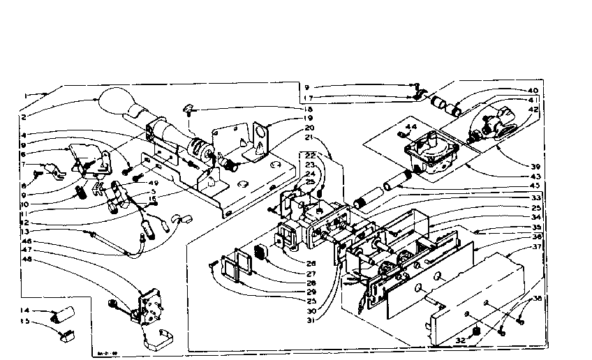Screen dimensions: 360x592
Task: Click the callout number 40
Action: point(533,91)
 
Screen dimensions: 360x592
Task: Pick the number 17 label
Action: point(309,98)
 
